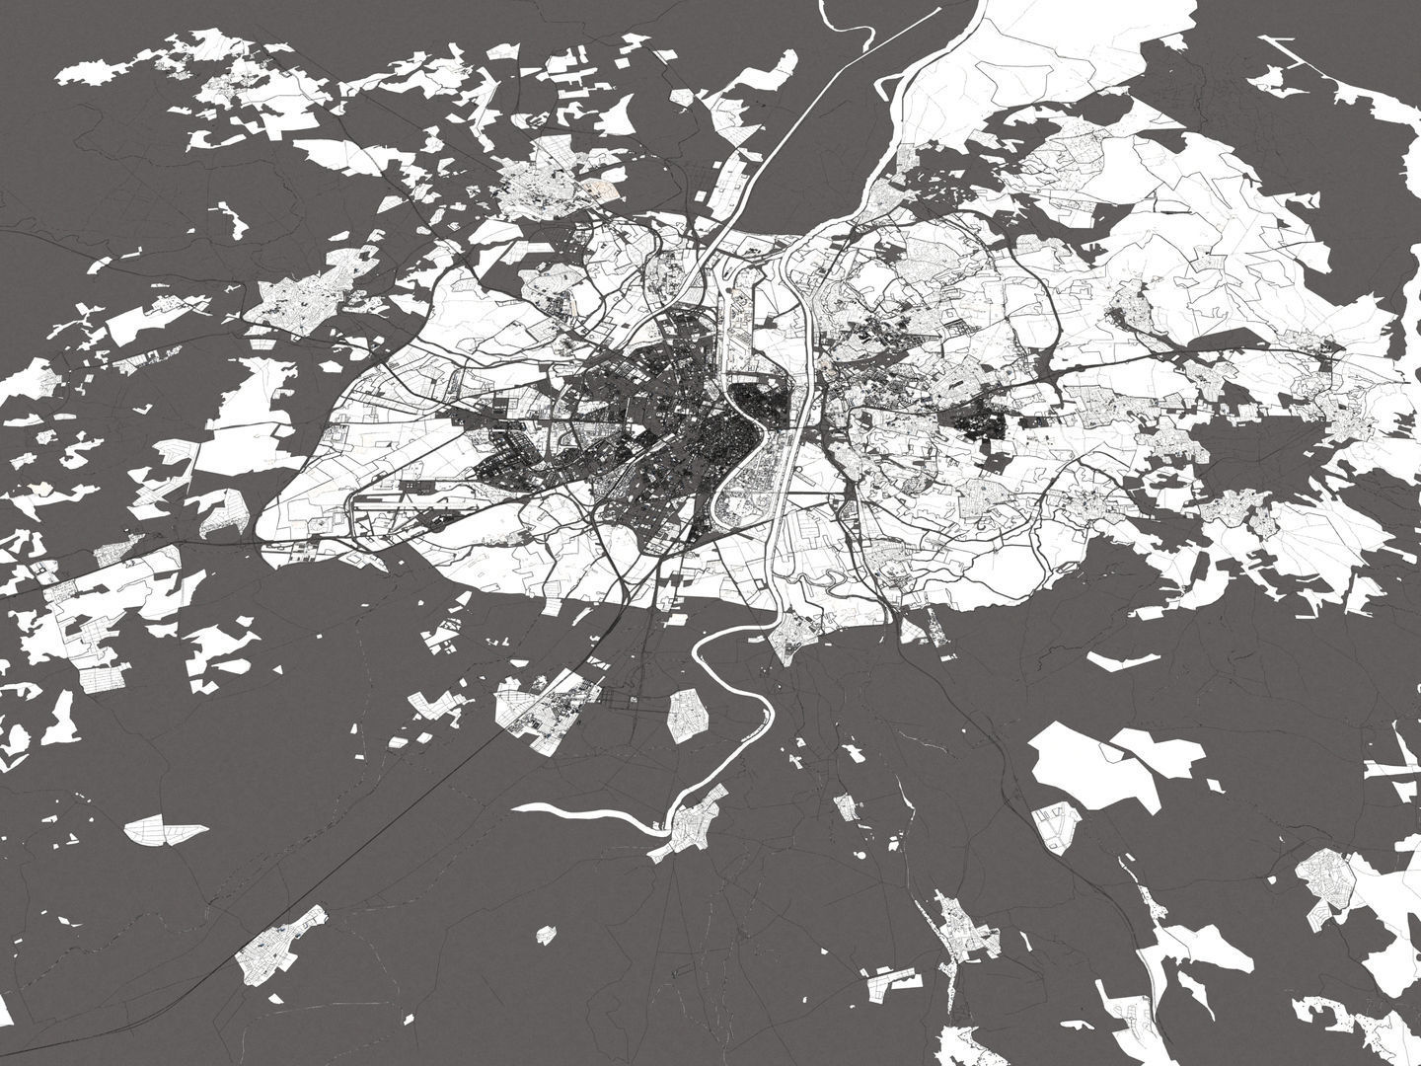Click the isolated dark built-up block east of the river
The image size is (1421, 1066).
(978, 424)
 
